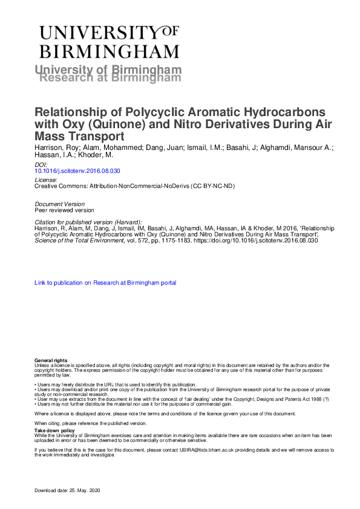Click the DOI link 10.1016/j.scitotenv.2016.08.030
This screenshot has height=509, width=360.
click(73, 171)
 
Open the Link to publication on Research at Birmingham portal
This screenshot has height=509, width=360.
click(105, 282)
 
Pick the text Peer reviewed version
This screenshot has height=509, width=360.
click(64, 210)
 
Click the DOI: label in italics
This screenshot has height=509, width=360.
click(41, 164)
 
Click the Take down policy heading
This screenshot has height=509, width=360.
click(51, 430)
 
